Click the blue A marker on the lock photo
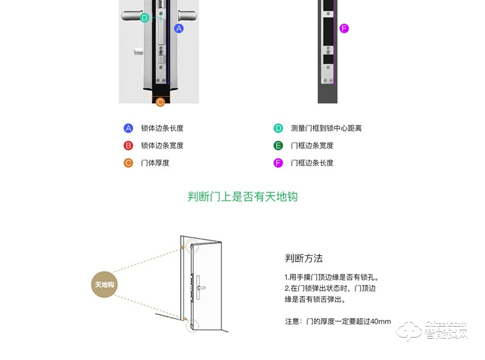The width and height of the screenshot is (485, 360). [x=179, y=28]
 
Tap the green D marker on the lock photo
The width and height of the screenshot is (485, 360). [x=144, y=18]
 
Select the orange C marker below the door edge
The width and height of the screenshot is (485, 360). [x=160, y=102]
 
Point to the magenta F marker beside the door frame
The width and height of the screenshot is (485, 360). [x=344, y=28]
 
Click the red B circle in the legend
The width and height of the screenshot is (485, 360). [x=128, y=145]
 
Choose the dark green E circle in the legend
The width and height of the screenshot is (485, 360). [x=278, y=145]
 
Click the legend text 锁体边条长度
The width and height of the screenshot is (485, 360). [x=162, y=128]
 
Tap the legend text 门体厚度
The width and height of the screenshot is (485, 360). [x=155, y=162]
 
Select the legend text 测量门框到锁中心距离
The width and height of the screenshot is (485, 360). [x=326, y=128]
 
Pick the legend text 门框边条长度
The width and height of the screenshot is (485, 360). [x=312, y=162]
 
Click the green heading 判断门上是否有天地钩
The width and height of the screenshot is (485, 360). [x=242, y=197]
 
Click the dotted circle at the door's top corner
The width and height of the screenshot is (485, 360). [x=192, y=247]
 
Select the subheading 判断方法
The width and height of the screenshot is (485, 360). [x=304, y=258]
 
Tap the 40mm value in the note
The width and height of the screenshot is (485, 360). [x=380, y=321]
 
